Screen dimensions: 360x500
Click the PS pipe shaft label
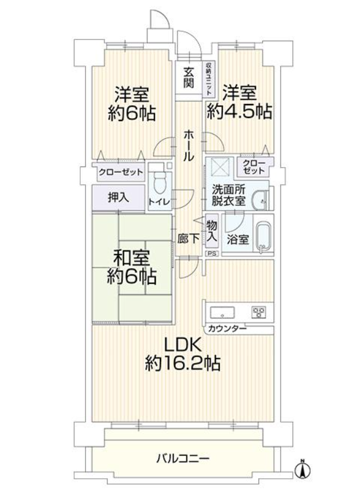click(x=212, y=254)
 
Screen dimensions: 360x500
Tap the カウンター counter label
click(x=227, y=329)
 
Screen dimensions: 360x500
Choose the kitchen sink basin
click(x=222, y=312)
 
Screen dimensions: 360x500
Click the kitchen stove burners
click(x=258, y=312)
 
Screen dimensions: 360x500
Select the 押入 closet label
click(x=118, y=198)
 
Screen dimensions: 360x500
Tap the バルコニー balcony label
click(x=183, y=459)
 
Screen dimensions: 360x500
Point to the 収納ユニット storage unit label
click(x=209, y=78)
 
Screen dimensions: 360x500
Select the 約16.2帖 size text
click(x=183, y=363)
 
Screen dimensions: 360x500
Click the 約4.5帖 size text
click(x=240, y=112)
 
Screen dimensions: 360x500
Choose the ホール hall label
click(x=188, y=145)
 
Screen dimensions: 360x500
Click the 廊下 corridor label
click(x=188, y=239)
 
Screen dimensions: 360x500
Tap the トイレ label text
click(x=159, y=201)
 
